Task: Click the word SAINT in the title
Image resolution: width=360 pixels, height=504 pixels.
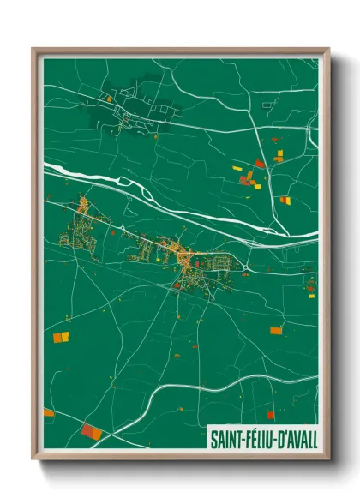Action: (x=227, y=440)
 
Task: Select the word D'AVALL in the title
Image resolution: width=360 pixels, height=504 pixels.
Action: (x=297, y=440)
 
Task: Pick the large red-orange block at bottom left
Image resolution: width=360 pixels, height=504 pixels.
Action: (x=91, y=431)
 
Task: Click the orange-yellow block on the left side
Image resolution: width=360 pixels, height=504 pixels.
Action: (x=62, y=337)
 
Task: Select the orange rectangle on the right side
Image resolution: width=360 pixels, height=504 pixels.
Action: (x=276, y=330)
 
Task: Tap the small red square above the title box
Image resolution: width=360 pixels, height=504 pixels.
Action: (x=270, y=415)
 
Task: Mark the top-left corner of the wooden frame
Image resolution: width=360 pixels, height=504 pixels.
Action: (x=33, y=49)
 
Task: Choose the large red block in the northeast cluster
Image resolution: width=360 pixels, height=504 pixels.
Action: (x=259, y=163)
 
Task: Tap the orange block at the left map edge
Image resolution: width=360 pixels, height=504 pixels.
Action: (x=48, y=412)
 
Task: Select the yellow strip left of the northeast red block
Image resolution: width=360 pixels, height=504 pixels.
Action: (x=237, y=170)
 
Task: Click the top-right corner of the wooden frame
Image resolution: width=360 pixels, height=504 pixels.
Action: (x=328, y=49)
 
